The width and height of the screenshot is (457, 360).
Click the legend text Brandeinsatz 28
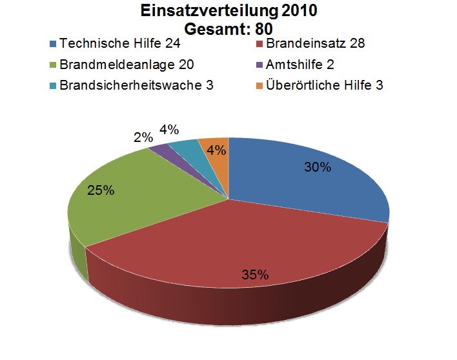(x=316, y=45)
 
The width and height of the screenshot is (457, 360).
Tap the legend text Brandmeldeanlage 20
(x=127, y=65)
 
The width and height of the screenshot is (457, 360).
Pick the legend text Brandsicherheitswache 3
(x=136, y=85)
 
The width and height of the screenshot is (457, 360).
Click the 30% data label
(x=318, y=167)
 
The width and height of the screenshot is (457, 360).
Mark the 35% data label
(x=255, y=274)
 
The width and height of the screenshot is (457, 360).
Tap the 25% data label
(x=101, y=190)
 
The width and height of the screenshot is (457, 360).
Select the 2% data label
(x=144, y=137)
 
